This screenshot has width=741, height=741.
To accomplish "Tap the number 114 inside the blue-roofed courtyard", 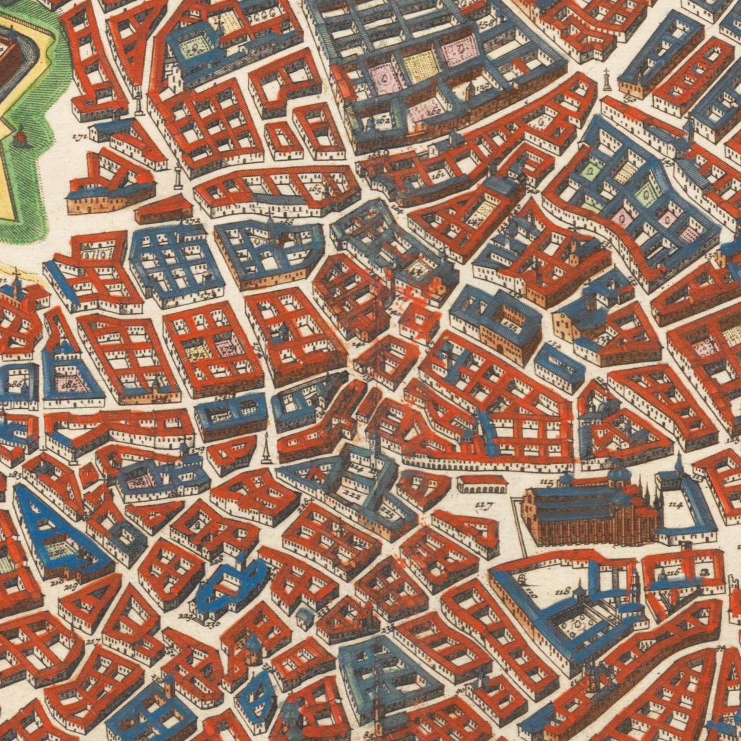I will tap(676, 505).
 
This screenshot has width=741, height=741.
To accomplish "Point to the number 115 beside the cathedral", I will tap(547, 483).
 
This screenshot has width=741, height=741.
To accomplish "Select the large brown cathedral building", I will tap(590, 515).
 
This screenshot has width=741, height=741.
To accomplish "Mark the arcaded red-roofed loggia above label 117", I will tap(481, 484).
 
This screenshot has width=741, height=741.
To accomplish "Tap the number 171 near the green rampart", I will tap(78, 137).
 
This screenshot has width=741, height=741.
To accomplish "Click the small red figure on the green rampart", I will tap(21, 134).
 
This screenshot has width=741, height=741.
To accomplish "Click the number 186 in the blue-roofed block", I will tap(15, 383).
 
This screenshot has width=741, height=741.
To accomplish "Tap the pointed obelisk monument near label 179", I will tap(266, 450).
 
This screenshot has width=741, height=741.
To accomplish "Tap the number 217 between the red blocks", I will tap(93, 641).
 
